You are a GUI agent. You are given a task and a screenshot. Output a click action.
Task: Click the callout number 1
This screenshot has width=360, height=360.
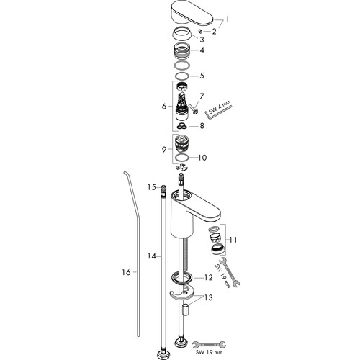(227, 19)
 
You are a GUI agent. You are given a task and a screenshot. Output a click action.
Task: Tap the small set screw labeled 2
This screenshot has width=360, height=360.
(201, 31)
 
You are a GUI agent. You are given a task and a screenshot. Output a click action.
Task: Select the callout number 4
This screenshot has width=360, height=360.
(202, 50)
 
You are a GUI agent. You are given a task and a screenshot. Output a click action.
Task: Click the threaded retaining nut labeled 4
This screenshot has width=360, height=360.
(182, 50)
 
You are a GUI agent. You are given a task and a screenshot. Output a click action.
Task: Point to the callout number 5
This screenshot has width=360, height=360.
(202, 76)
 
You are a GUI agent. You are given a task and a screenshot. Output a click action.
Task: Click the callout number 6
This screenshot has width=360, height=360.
(164, 106)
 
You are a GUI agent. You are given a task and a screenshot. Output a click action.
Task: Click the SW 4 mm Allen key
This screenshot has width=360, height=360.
(218, 110)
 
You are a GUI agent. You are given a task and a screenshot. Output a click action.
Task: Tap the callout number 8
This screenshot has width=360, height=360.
(202, 125)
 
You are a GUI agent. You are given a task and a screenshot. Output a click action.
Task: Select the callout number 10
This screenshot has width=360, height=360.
(202, 158)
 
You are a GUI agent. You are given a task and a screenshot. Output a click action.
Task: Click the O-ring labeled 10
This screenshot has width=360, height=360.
(182, 158)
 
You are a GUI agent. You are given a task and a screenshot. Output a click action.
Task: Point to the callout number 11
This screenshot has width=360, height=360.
(233, 240)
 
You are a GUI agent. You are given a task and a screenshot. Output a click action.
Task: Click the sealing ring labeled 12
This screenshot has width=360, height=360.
(182, 278)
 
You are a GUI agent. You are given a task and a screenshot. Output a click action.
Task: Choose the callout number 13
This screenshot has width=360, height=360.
(208, 297)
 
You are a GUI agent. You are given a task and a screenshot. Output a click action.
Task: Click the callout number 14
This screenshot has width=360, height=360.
(151, 256)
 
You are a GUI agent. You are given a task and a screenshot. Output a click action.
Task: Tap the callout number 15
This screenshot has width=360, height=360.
(152, 187)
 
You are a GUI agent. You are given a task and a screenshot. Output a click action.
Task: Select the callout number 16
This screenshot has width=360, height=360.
(126, 272)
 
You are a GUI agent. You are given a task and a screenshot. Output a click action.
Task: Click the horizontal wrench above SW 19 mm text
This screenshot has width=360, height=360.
(209, 345)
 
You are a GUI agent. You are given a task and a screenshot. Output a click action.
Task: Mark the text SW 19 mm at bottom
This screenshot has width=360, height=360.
(209, 352)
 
